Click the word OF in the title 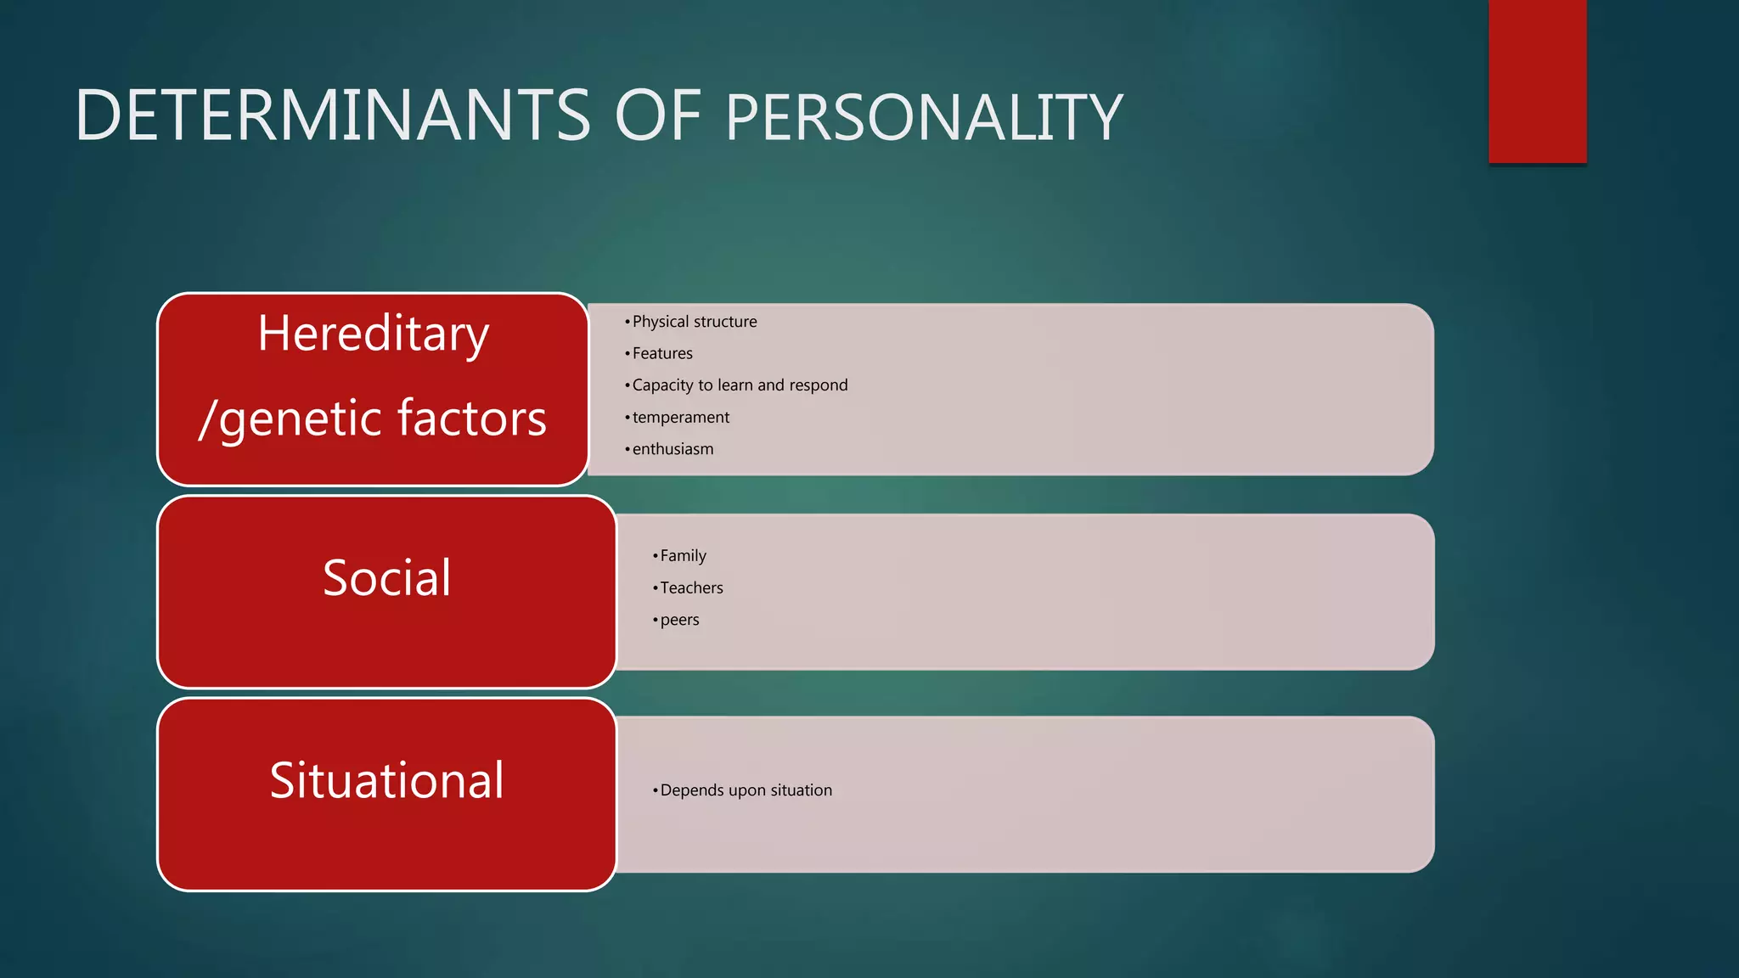tap(657, 115)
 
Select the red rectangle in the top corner tap(1537, 81)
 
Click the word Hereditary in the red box tap(374, 333)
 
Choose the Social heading tap(386, 578)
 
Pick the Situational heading tap(386, 780)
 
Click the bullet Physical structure tap(694, 322)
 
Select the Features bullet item tap(662, 353)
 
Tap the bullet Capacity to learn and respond tap(740, 385)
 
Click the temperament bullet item tap(680, 418)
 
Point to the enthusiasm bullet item tap(673, 449)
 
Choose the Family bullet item tap(683, 556)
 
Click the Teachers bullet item tap(691, 587)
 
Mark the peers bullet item tap(679, 620)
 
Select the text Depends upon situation tap(746, 790)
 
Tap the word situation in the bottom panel tap(801, 790)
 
